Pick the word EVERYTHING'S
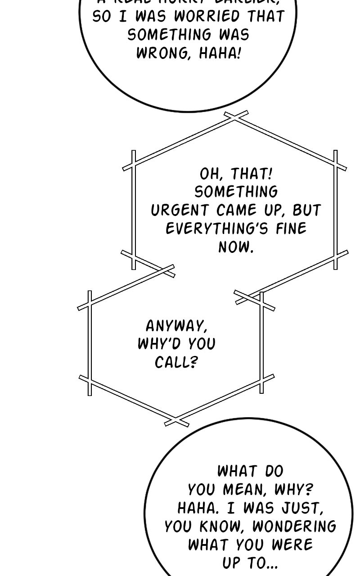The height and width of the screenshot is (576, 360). pyautogui.click(x=214, y=228)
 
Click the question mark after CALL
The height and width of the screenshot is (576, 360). pyautogui.click(x=194, y=363)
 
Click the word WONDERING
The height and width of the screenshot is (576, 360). pyautogui.click(x=294, y=526)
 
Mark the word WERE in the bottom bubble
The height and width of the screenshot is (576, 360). pyautogui.click(x=292, y=544)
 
